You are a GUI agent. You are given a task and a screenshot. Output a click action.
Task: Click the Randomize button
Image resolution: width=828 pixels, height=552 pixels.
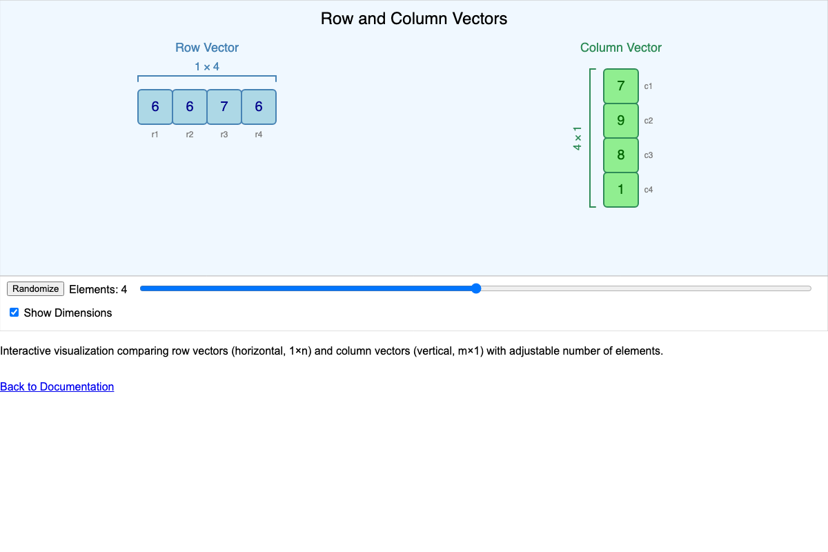coord(35,289)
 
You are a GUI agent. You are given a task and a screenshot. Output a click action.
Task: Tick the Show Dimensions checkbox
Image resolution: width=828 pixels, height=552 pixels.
coord(14,313)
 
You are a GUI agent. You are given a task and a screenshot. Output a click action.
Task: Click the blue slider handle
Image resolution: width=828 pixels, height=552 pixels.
coord(475,288)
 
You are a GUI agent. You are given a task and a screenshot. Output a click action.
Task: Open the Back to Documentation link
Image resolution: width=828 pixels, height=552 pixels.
coord(57,386)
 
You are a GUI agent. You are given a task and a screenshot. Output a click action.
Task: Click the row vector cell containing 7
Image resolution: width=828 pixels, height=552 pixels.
coord(224,107)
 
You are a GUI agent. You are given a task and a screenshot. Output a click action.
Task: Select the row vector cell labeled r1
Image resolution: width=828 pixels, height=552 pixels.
coord(155,107)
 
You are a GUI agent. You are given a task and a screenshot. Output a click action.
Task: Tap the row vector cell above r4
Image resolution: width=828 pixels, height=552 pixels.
coord(259,107)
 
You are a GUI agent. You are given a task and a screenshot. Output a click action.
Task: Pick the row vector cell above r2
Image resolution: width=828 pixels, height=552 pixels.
coord(190,107)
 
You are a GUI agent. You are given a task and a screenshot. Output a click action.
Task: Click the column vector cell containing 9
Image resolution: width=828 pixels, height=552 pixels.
coord(621,121)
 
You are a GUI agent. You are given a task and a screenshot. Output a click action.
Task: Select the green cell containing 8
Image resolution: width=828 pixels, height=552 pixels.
coord(621,155)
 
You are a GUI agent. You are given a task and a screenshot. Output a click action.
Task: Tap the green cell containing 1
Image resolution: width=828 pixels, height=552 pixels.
coord(621,190)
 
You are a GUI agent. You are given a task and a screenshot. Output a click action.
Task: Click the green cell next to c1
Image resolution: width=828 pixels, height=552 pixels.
coord(621,86)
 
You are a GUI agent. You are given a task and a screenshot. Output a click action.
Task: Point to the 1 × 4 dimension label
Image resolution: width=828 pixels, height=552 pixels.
coord(207,67)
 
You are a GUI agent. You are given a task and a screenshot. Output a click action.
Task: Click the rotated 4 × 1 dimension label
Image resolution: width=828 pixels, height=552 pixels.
coord(578,138)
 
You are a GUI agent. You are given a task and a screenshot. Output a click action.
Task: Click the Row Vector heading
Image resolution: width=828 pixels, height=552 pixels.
coord(207,48)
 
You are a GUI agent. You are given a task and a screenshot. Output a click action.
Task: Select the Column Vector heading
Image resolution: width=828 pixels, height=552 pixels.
coord(621,48)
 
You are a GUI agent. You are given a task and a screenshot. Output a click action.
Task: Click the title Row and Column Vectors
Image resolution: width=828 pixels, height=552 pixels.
coord(414,19)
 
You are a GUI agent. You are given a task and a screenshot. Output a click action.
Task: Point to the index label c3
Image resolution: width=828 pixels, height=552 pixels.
coord(649,155)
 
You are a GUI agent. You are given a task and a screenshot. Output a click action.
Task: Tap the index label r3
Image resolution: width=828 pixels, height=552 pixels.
coord(224,135)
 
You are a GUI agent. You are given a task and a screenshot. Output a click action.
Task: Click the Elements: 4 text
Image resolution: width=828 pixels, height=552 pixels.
coord(98,290)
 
